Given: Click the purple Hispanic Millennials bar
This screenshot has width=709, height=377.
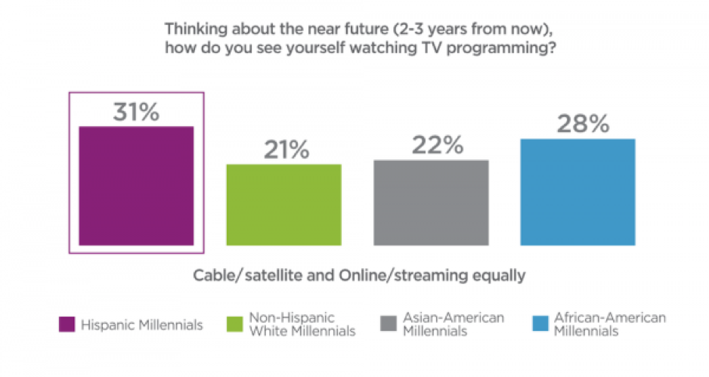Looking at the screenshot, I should click(137, 185).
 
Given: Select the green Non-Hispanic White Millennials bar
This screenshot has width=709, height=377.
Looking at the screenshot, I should click(284, 204).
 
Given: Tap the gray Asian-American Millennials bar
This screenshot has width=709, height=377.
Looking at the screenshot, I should click(431, 202).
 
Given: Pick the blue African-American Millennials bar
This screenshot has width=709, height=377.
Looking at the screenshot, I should click(578, 192).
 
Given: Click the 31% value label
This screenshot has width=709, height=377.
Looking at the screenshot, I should click(137, 112).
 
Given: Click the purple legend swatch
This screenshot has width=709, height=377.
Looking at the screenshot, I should click(66, 325).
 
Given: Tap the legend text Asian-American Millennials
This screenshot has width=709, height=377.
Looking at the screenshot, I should click(452, 324).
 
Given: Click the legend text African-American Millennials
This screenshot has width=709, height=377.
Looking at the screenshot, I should click(609, 324).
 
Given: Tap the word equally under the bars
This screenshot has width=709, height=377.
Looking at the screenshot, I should click(496, 275).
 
